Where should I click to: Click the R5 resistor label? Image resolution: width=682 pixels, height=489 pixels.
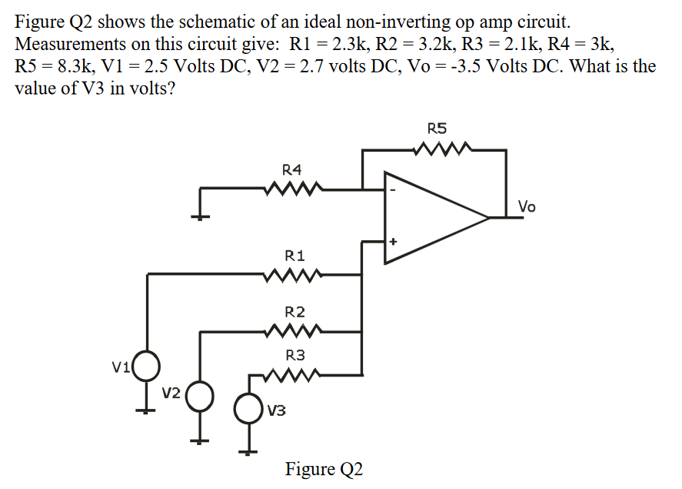click(x=436, y=129)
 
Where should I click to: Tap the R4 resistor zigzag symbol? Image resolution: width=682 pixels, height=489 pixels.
click(x=293, y=188)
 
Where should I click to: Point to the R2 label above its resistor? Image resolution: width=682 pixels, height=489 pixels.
click(x=294, y=312)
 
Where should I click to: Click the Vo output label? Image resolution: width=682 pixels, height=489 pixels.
click(x=527, y=206)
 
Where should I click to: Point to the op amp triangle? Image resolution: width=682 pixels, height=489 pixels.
click(x=431, y=217)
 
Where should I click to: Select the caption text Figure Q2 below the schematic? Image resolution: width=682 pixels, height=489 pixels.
click(x=324, y=468)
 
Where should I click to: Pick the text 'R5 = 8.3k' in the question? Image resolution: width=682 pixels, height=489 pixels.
click(x=54, y=65)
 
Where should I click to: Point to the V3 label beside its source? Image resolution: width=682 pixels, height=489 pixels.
click(x=277, y=410)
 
